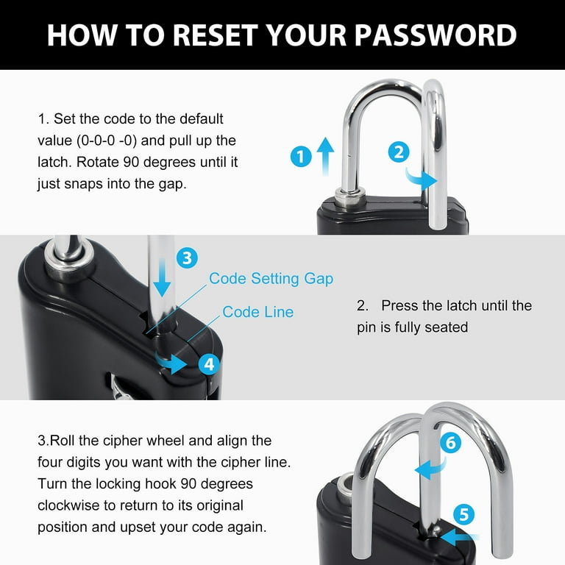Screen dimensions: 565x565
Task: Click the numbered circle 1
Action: click(x=300, y=157)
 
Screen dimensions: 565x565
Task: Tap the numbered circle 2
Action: click(x=398, y=152)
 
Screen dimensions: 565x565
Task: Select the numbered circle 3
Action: click(x=187, y=257)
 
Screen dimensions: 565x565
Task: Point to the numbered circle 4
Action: click(x=209, y=363)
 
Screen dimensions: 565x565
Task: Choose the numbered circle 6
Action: click(x=450, y=443)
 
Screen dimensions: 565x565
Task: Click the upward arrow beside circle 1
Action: click(x=325, y=156)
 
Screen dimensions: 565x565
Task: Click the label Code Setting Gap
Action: click(x=271, y=278)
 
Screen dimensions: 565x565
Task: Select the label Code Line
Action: click(x=257, y=312)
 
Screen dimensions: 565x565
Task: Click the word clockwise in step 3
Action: click(x=71, y=507)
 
